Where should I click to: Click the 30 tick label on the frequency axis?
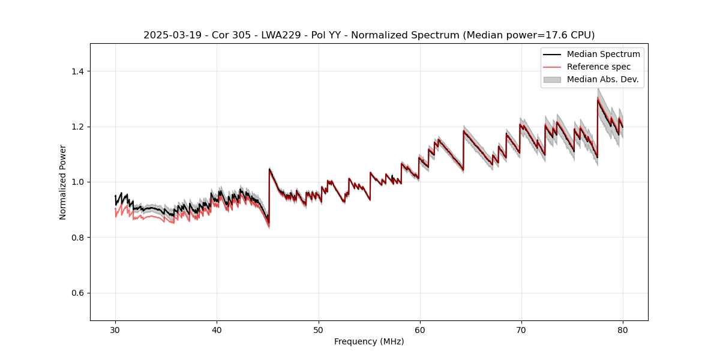[x=116, y=329]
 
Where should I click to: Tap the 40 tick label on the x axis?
[x=217, y=329]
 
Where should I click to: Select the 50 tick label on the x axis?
[x=319, y=329]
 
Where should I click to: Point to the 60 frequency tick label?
[x=420, y=329]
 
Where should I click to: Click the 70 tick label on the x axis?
[x=521, y=329]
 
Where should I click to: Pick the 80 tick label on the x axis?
[x=623, y=329]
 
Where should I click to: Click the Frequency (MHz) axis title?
[x=369, y=341]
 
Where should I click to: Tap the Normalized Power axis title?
[x=63, y=182]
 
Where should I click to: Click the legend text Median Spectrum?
[x=603, y=54]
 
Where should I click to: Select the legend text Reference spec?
[x=598, y=67]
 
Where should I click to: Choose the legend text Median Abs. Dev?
[x=602, y=79]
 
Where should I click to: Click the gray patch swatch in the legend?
[x=552, y=79]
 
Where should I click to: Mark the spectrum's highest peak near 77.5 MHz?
[x=598, y=99]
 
